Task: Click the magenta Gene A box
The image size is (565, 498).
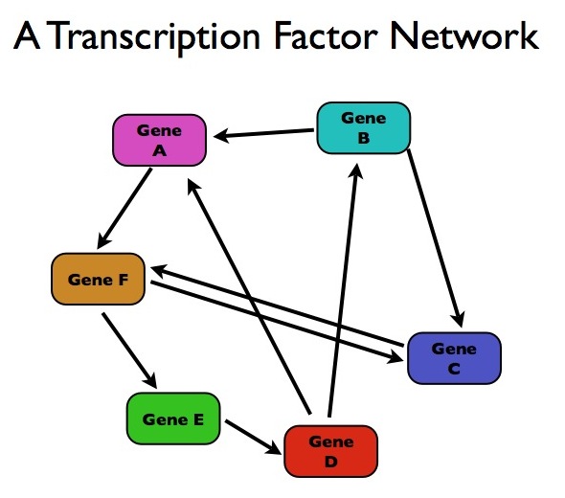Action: pyautogui.click(x=159, y=140)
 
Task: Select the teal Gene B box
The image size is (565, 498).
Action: pyautogui.click(x=364, y=128)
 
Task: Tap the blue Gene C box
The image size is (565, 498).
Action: pyautogui.click(x=454, y=358)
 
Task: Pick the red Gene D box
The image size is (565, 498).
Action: pyautogui.click(x=330, y=451)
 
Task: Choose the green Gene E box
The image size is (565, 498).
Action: pyautogui.click(x=173, y=419)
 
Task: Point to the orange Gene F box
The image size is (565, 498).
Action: pyautogui.click(x=98, y=280)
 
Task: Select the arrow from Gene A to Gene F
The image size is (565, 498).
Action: pyautogui.click(x=124, y=208)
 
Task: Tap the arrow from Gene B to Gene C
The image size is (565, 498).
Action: pyautogui.click(x=436, y=238)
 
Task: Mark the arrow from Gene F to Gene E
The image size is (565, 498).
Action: pyautogui.click(x=129, y=351)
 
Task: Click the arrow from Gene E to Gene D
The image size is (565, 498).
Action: pyautogui.click(x=253, y=437)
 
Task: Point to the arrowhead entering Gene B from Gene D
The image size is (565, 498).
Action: pyautogui.click(x=356, y=170)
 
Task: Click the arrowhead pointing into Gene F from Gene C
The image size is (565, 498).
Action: pyautogui.click(x=158, y=270)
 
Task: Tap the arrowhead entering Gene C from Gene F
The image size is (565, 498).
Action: pyautogui.click(x=395, y=357)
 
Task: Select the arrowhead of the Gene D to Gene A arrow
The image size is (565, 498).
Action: pyautogui.click(x=193, y=187)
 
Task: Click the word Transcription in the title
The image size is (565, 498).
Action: pyautogui.click(x=153, y=36)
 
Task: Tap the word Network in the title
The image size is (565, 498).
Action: pyautogui.click(x=464, y=35)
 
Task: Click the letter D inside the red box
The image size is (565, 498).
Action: pyautogui.click(x=330, y=462)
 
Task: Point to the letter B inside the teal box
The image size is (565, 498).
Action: pyautogui.click(x=364, y=138)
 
